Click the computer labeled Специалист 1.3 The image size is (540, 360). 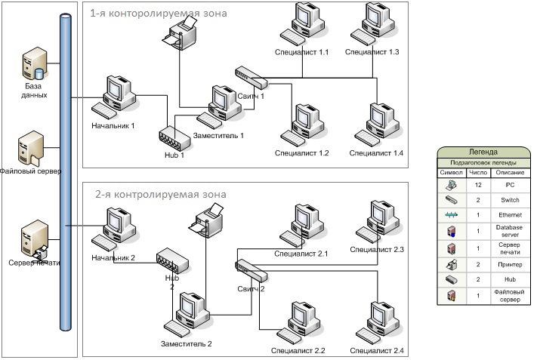372,24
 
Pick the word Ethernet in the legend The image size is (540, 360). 504,215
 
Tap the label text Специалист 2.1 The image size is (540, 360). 301,254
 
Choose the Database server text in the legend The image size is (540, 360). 504,231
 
